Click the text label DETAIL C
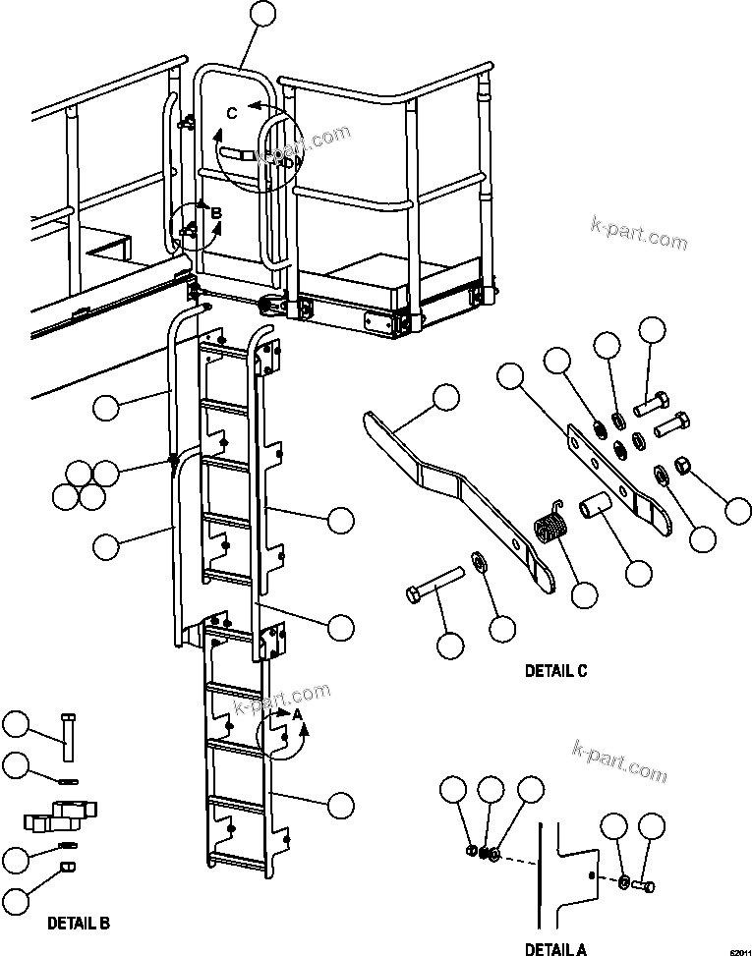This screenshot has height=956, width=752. [555, 672]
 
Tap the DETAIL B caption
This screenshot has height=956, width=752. [79, 924]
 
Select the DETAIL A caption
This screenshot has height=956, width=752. [555, 948]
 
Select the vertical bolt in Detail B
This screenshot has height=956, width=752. [67, 736]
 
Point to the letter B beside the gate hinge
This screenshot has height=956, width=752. [217, 210]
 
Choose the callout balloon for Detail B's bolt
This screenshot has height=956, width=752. [17, 726]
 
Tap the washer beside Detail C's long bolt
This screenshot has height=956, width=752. [479, 561]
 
